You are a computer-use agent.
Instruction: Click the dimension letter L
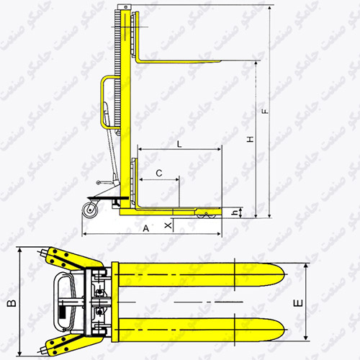(179, 144)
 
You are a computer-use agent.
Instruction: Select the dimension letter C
(159, 173)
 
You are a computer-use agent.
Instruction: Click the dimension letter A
(146, 228)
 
